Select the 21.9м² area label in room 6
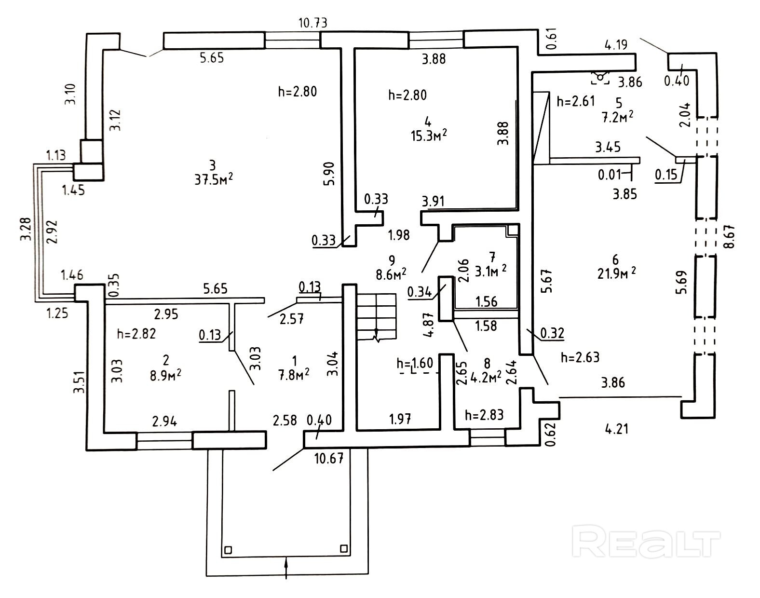616,273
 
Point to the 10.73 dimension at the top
313,23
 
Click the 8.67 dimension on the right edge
731,237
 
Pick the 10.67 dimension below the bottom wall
329,458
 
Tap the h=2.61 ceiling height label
576,101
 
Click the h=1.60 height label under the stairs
415,363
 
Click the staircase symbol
376,318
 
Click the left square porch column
229,550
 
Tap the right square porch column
344,548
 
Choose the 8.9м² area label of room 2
165,375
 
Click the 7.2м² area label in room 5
617,117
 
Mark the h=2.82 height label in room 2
136,334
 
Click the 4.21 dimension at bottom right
616,428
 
